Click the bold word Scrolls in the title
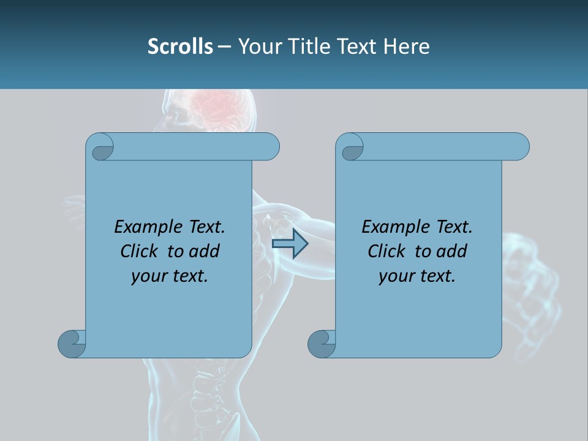[x=180, y=47]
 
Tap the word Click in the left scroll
[x=140, y=251]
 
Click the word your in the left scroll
[x=149, y=276]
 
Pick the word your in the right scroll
[x=396, y=276]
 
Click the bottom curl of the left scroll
[x=72, y=343]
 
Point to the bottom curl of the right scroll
[x=322, y=343]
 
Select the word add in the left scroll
[x=204, y=251]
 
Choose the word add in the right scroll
[x=452, y=251]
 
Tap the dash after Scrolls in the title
[x=224, y=47]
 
